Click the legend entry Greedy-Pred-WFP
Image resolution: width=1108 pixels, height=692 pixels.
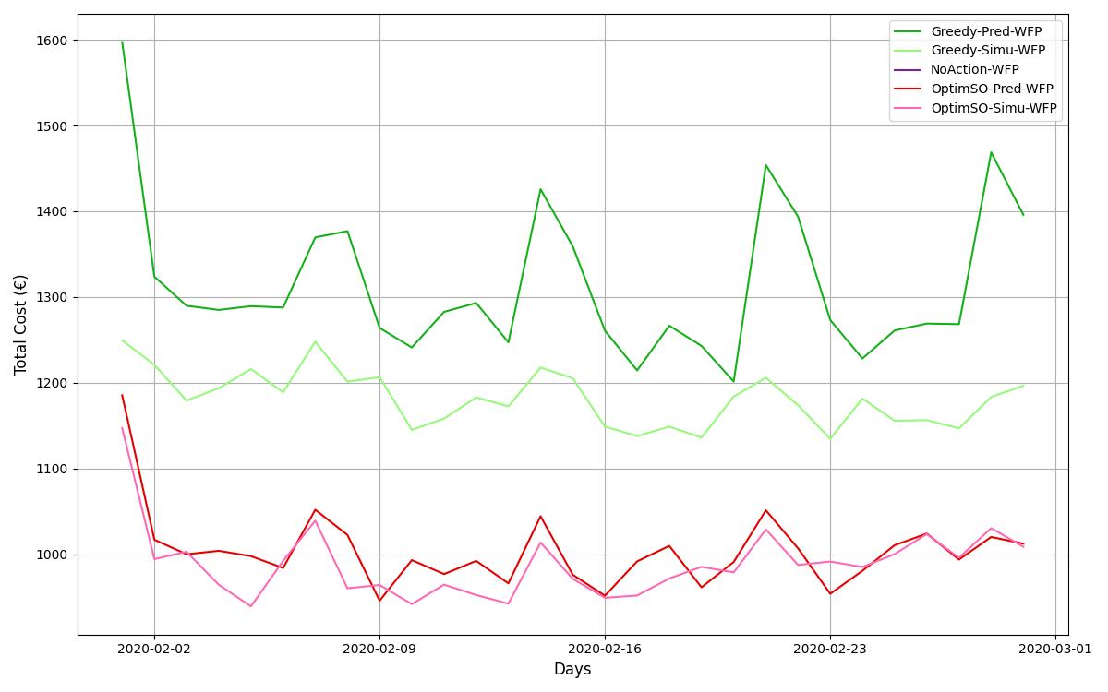pyautogui.click(x=986, y=31)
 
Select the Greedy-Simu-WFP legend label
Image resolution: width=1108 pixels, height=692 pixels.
pyautogui.click(x=988, y=51)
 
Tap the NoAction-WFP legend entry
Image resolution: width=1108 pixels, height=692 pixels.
pyautogui.click(x=974, y=70)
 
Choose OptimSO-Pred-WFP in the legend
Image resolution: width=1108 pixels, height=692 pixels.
pyautogui.click(x=992, y=89)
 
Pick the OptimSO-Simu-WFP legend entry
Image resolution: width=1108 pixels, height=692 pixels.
pyautogui.click(x=994, y=108)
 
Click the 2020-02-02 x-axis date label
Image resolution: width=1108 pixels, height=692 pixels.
pyautogui.click(x=154, y=650)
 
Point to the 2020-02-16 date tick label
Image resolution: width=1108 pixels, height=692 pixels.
pyautogui.click(x=605, y=650)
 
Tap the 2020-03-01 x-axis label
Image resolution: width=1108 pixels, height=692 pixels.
pyautogui.click(x=1055, y=650)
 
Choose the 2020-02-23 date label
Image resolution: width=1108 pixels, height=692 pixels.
pyautogui.click(x=830, y=650)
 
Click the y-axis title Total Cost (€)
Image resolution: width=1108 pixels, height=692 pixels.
pyautogui.click(x=21, y=325)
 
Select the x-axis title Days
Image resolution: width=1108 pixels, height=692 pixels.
pyautogui.click(x=572, y=670)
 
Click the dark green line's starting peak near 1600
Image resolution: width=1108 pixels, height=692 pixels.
pyautogui.click(x=122, y=42)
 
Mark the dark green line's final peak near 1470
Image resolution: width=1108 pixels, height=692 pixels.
pyautogui.click(x=991, y=152)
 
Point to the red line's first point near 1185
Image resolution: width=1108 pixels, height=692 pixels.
pyautogui.click(x=122, y=395)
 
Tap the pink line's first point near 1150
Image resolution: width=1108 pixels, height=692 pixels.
pyautogui.click(x=122, y=427)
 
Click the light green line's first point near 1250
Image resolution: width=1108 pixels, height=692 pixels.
pyautogui.click(x=122, y=340)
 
